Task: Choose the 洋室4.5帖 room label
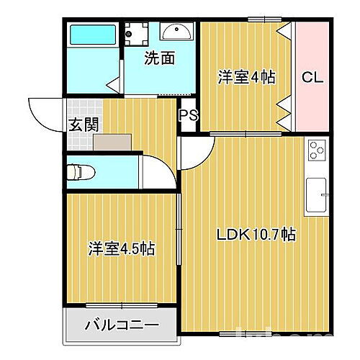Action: [x=122, y=249]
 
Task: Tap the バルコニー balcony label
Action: [x=121, y=325]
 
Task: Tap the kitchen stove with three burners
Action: [x=317, y=150]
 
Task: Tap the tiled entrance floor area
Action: [x=79, y=140]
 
